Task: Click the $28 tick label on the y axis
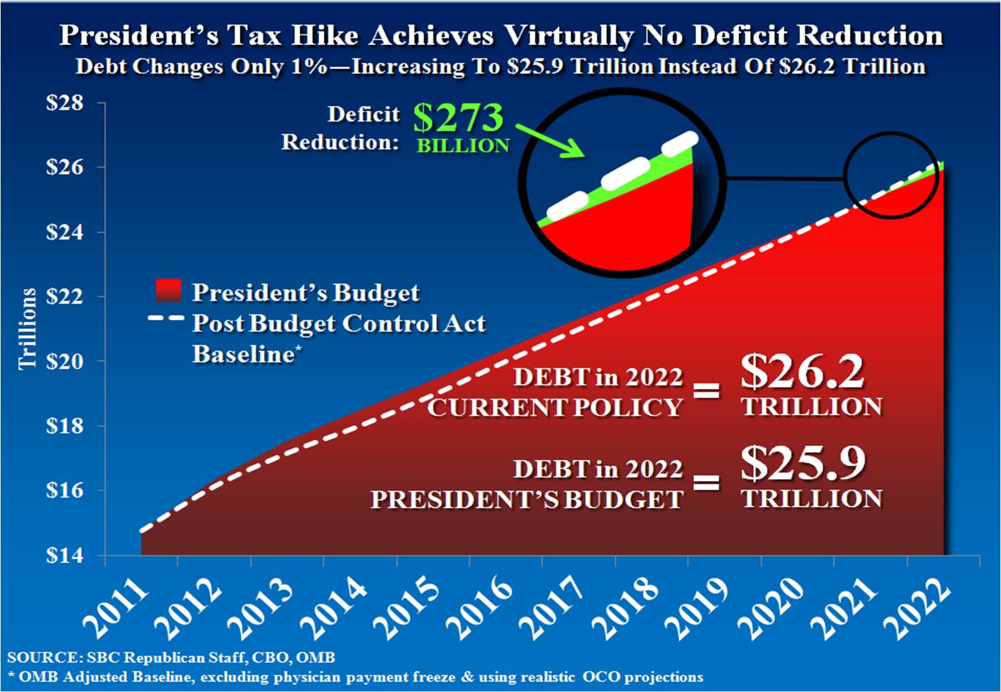tap(64, 103)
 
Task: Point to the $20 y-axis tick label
tap(64, 361)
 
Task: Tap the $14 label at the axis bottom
tap(64, 556)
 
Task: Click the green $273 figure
tap(458, 118)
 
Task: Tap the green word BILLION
tap(463, 146)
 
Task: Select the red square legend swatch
tap(167, 291)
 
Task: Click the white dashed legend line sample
tap(165, 318)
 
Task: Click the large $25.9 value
tap(803, 464)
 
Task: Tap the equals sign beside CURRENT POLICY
tap(706, 391)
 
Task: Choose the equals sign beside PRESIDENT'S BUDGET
tap(706, 482)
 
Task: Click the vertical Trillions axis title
tap(28, 329)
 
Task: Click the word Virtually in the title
tap(568, 36)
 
